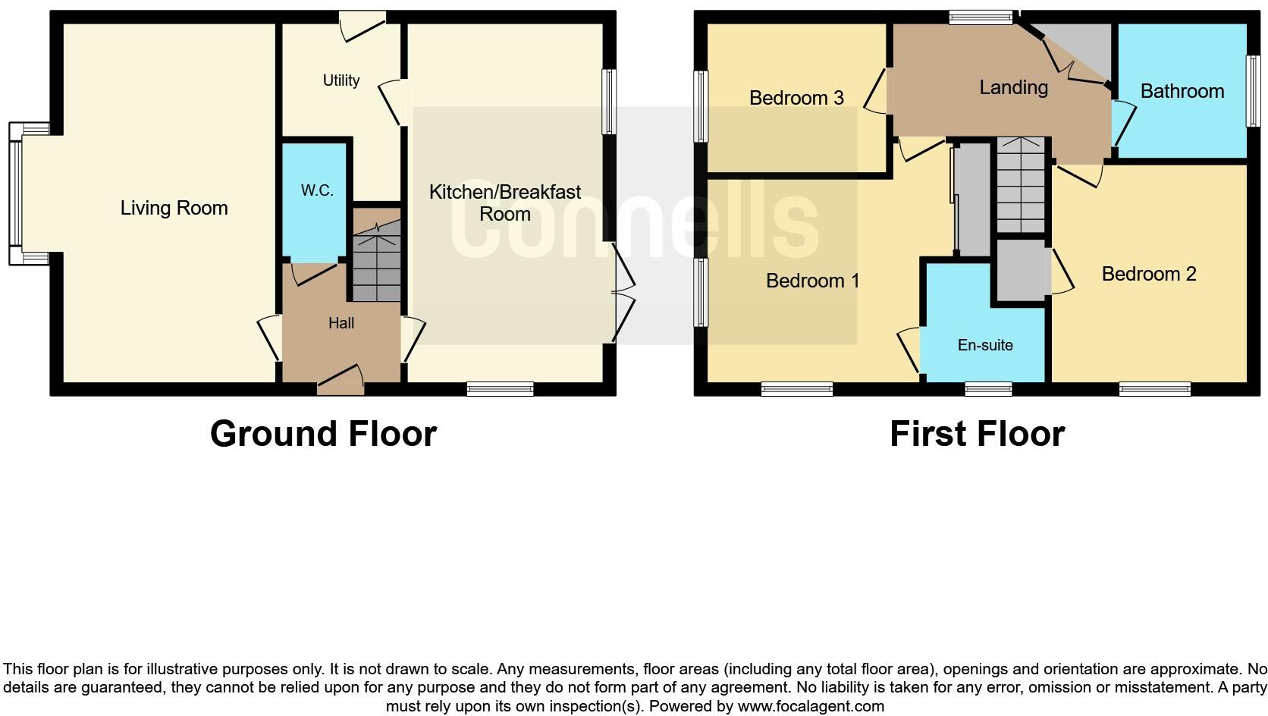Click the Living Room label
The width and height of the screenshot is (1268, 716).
click(x=174, y=208)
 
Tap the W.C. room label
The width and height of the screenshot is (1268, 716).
click(x=317, y=190)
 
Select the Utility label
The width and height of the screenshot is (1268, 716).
click(x=341, y=80)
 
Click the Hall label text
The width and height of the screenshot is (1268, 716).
click(x=341, y=323)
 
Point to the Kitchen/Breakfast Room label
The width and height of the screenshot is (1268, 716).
click(x=505, y=203)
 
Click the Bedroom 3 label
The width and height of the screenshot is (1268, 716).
click(x=796, y=98)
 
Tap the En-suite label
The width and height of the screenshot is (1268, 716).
click(x=985, y=345)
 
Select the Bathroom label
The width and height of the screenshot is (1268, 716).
click(x=1182, y=92)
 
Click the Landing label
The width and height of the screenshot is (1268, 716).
click(x=1013, y=88)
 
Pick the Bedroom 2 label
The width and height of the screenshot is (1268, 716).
click(x=1148, y=274)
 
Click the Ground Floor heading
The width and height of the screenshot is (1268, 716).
click(x=323, y=434)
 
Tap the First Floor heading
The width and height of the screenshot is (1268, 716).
click(x=977, y=434)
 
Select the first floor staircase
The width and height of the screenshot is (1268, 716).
click(x=1021, y=186)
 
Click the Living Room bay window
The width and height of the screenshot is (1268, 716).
click(x=17, y=194)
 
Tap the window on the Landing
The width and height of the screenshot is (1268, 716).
click(x=981, y=17)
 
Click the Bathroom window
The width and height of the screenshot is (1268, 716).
click(x=1254, y=91)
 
